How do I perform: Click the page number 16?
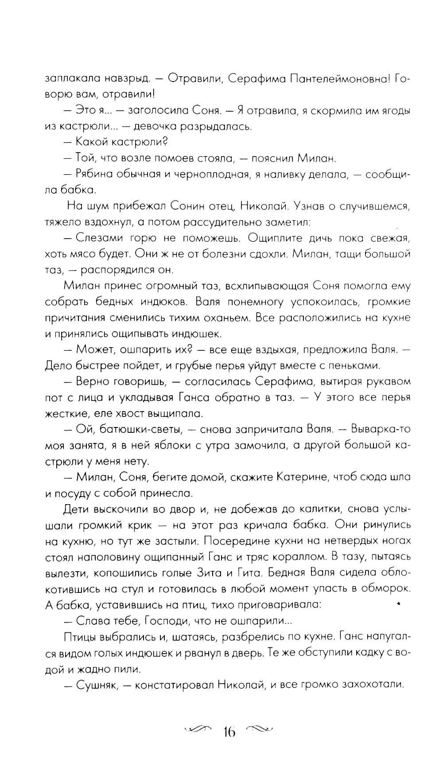pos(229,732)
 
